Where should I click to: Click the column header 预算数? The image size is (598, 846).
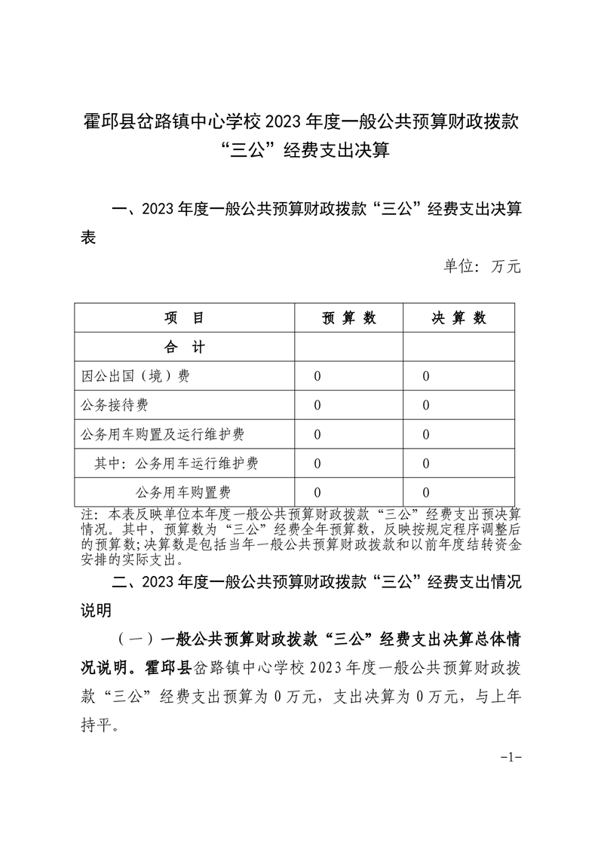click(348, 318)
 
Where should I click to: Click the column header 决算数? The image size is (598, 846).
click(458, 318)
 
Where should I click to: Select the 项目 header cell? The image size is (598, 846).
click(185, 318)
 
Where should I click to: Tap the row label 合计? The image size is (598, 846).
click(185, 348)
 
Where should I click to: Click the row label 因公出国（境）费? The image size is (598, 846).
click(136, 376)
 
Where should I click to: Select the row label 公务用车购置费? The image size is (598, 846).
click(183, 492)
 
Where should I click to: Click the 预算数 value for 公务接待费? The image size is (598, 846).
click(317, 406)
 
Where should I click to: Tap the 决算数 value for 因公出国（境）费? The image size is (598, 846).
click(426, 377)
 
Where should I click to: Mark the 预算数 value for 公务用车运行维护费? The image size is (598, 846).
click(317, 464)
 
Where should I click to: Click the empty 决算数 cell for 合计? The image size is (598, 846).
click(458, 348)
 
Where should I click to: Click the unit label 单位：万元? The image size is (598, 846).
click(482, 266)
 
